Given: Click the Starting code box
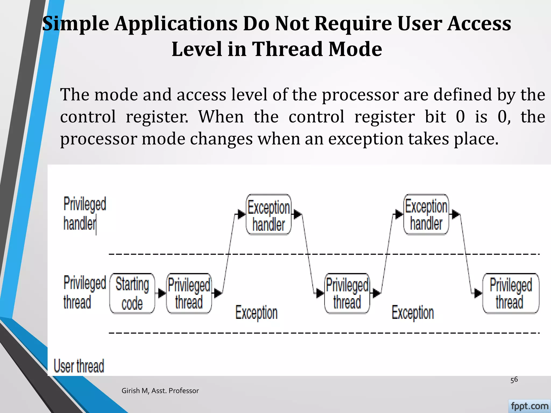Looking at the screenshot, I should tap(132, 293).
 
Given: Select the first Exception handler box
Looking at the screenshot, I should tap(269, 215).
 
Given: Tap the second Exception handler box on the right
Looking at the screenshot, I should tap(426, 214).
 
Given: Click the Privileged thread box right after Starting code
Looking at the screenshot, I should tap(189, 293).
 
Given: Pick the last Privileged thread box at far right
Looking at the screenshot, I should tap(510, 293).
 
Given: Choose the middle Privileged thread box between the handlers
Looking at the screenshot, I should tap(347, 293).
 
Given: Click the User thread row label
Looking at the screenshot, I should tap(79, 366).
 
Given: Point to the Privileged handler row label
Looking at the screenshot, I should tap(84, 213).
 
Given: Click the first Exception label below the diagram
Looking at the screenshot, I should tap(256, 313).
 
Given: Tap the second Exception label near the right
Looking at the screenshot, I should tap(413, 313).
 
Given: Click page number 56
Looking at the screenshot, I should tap(514, 380).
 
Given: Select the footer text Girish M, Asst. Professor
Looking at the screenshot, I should tap(160, 391).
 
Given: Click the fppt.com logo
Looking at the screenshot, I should tap(529, 406).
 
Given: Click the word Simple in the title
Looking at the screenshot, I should tap(76, 24).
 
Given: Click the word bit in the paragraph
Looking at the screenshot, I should tap(435, 117).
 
